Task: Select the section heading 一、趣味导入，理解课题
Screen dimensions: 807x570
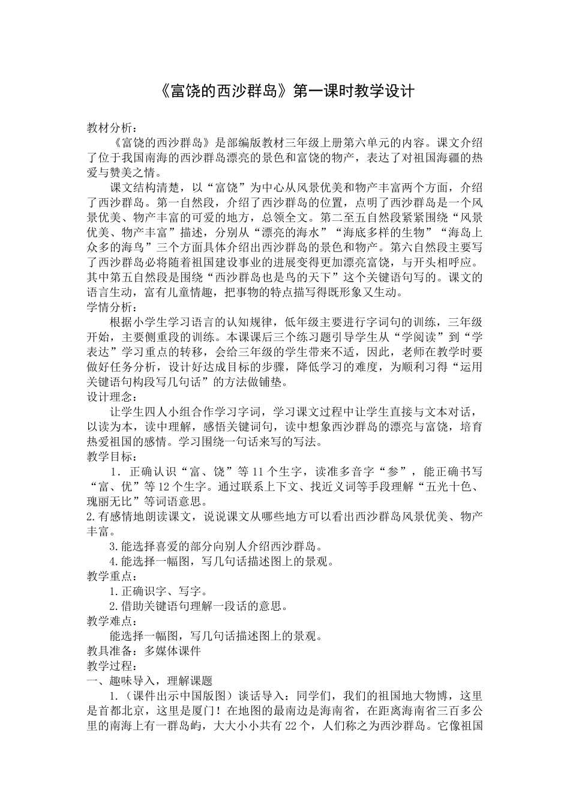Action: (x=150, y=681)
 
